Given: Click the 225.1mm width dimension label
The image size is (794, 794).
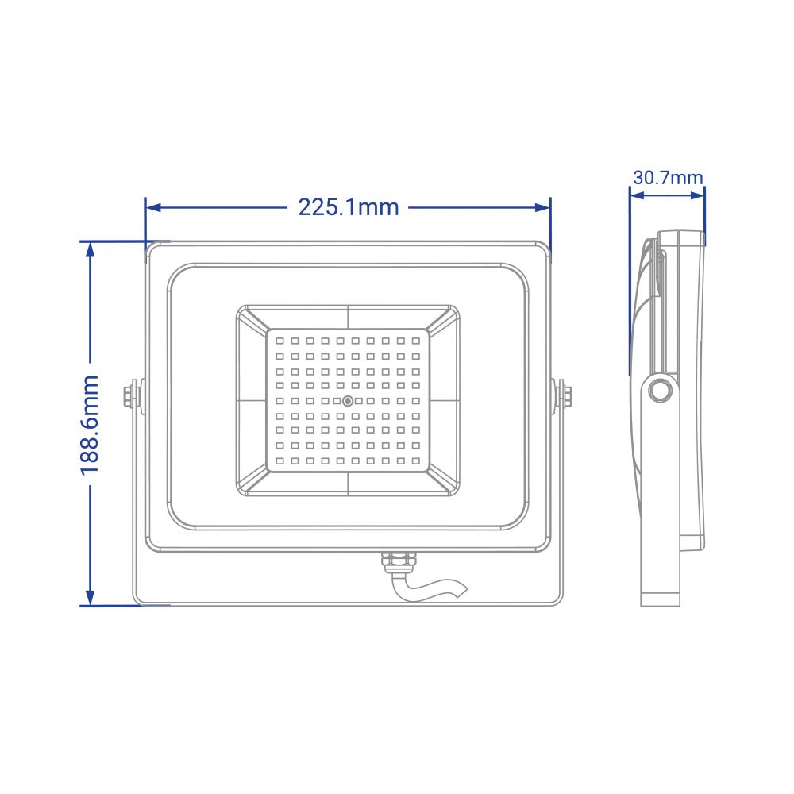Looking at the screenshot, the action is pos(349,207).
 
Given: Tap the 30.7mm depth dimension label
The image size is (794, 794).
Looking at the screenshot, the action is pos(668,178).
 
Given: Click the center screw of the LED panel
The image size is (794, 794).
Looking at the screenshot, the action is pos(348,401).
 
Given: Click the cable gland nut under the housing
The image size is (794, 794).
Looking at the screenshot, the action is pos(399,561).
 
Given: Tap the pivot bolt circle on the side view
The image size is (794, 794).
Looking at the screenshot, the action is pos(660,391).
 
